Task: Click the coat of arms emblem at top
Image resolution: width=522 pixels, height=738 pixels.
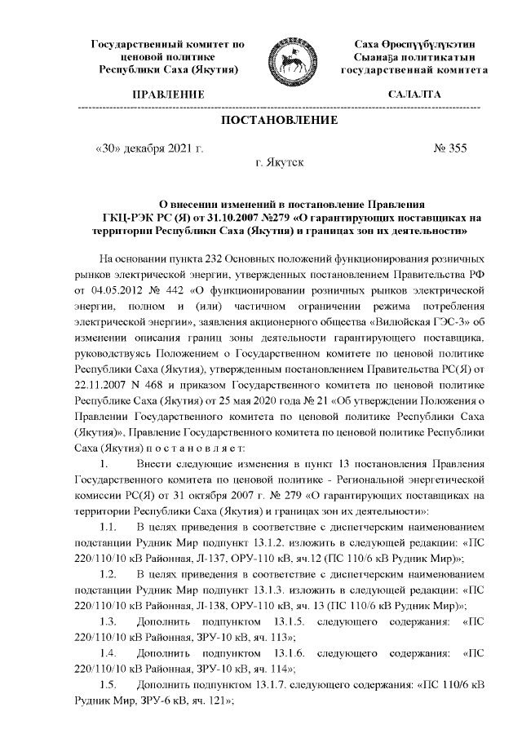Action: [x=290, y=56]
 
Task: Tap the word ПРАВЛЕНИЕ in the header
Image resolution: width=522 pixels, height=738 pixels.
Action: [x=169, y=95]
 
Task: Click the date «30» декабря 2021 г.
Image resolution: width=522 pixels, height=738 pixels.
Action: [x=149, y=149]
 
